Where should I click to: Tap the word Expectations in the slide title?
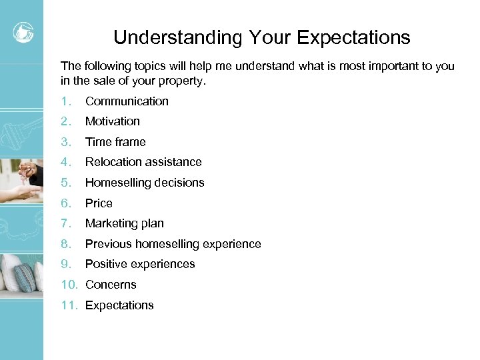353,37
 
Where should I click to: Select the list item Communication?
127,101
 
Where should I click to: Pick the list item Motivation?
113,121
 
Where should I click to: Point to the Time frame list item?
115,142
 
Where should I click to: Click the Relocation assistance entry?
143,162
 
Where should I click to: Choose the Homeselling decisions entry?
145,183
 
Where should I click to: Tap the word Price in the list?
99,203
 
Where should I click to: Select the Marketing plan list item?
125,223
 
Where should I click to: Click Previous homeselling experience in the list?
173,244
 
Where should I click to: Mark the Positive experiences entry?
140,264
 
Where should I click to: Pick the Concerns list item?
111,285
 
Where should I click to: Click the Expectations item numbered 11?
119,305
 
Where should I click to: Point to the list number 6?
65,203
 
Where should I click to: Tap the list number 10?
69,285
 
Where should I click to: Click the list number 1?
65,101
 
